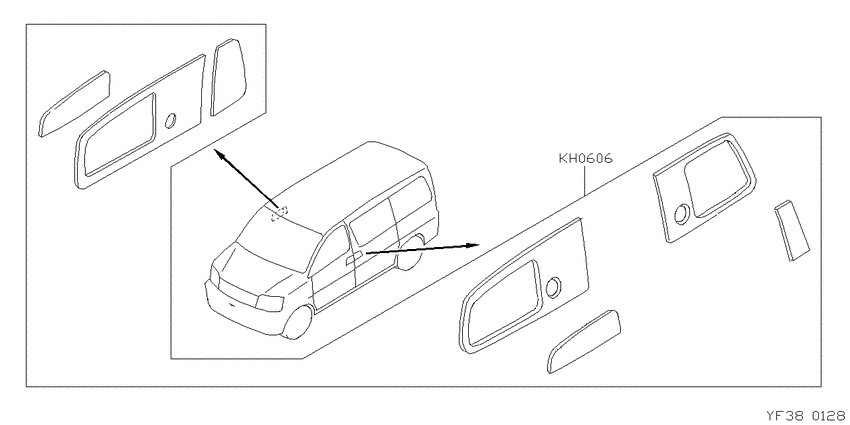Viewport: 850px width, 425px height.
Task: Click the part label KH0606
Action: [x=585, y=159]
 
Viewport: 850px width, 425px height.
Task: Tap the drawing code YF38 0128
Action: [x=807, y=416]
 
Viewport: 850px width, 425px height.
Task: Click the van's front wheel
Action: [x=298, y=323]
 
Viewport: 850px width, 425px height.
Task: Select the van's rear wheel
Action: [x=410, y=253]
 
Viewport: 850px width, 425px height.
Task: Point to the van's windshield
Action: [x=278, y=242]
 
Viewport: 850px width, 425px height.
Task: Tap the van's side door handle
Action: [x=354, y=257]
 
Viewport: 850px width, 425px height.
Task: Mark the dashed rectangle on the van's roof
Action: [x=280, y=212]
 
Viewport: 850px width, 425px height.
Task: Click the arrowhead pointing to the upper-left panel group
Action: [x=219, y=155]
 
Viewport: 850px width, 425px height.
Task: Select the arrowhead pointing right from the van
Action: [x=473, y=244]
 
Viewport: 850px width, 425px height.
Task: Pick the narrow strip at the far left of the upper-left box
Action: [x=74, y=104]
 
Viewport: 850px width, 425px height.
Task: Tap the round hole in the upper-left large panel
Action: [x=170, y=121]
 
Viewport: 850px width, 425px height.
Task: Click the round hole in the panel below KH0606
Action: [x=553, y=287]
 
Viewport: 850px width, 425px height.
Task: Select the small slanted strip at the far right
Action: [x=792, y=231]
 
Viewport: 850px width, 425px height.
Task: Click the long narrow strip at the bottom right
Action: [x=584, y=342]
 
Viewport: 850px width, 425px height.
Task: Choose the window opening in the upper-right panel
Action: [x=716, y=178]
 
